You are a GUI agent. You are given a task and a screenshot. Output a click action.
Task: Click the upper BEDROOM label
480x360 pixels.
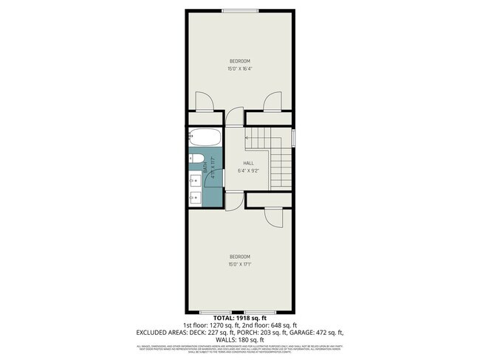point(239,60)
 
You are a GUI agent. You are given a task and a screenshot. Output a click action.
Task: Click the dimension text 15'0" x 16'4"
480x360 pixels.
point(239,69)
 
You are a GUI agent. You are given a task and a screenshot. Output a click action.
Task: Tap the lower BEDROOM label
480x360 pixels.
point(239,257)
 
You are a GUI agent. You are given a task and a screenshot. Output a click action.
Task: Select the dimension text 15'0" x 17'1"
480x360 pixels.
point(239,265)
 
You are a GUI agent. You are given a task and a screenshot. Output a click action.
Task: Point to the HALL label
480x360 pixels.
point(249,163)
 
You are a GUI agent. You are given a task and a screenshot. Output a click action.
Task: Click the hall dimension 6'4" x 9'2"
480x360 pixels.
point(249,171)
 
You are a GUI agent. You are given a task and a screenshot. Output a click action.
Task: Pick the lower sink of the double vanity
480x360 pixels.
point(193,196)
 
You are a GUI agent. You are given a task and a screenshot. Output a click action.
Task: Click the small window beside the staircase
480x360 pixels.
point(293,137)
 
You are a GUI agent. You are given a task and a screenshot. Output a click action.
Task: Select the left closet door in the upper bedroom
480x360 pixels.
point(205,101)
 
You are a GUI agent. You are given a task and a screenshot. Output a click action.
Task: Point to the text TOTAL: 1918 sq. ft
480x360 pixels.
point(239,318)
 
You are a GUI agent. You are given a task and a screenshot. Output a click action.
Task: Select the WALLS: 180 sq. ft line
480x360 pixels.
point(239,339)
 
